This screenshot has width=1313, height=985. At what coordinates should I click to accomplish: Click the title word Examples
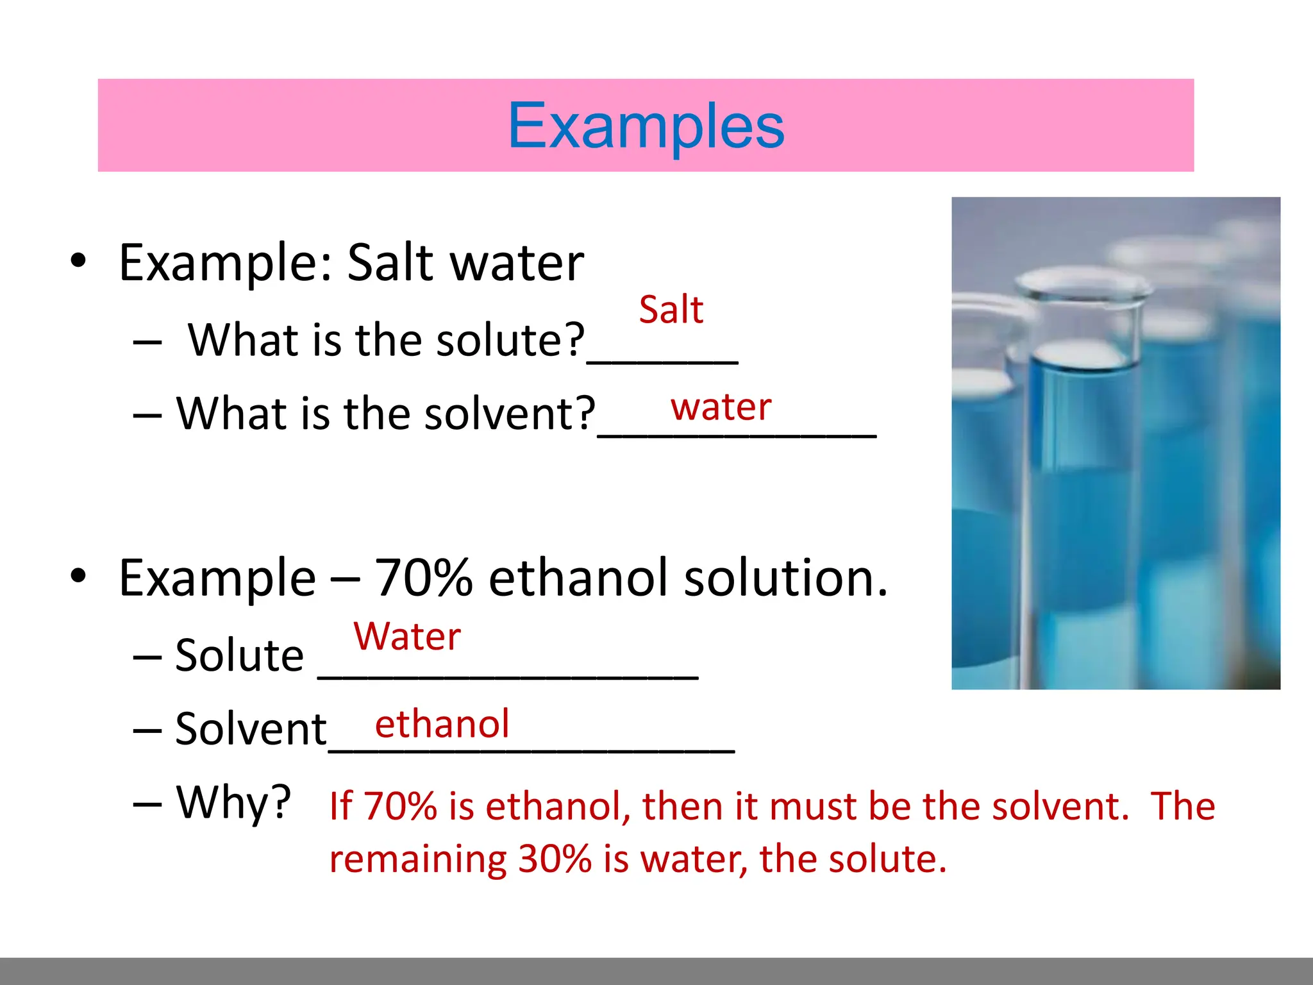click(x=646, y=126)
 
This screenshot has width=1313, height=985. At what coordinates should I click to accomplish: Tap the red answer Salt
click(x=671, y=310)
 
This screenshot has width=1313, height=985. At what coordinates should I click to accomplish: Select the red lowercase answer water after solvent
click(x=721, y=407)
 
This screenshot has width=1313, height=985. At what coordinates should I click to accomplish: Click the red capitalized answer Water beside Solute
click(x=407, y=637)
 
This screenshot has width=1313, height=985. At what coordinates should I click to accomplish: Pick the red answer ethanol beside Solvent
click(x=442, y=724)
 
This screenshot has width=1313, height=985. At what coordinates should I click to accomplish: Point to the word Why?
click(x=233, y=802)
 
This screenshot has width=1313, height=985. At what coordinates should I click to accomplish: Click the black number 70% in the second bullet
click(x=423, y=578)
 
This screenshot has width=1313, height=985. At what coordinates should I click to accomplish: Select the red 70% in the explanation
click(x=400, y=806)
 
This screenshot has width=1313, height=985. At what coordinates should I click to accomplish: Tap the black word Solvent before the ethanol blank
click(x=251, y=729)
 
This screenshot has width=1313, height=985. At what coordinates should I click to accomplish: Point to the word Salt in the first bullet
click(x=390, y=263)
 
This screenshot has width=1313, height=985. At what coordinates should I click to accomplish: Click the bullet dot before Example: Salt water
click(x=78, y=261)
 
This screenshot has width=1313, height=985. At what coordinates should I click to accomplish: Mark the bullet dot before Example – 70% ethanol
click(x=78, y=575)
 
